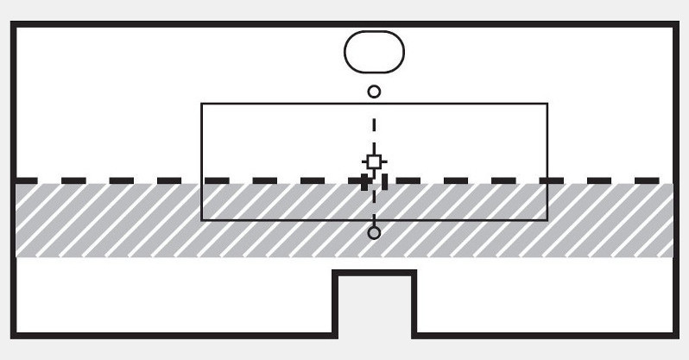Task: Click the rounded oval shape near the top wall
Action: tap(374, 52)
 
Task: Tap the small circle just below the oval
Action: tap(374, 91)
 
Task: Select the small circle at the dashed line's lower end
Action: tap(374, 232)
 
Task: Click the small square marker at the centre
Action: tap(374, 161)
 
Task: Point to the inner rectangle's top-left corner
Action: tap(202, 104)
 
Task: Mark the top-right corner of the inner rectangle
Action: tap(547, 104)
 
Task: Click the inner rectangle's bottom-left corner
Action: tap(202, 220)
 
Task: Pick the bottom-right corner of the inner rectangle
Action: tap(547, 220)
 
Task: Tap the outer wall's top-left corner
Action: tap(13, 26)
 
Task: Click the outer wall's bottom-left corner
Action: tap(13, 335)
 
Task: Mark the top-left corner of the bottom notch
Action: tap(336, 273)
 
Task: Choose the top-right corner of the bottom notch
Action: tap(414, 273)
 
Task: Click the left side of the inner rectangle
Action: tap(202, 161)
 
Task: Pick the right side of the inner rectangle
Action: tap(547, 161)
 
